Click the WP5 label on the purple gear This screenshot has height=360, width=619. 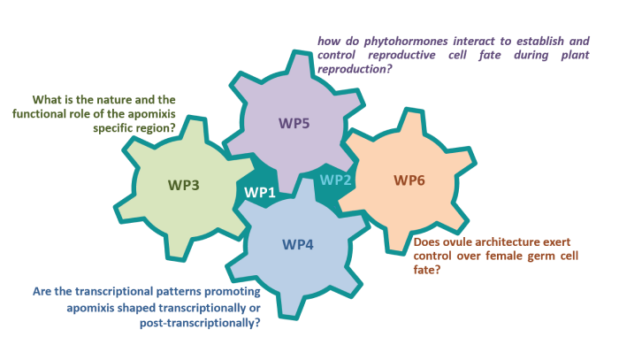tap(294, 123)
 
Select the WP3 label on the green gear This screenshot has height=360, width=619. tap(184, 185)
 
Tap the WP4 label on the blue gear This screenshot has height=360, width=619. tap(298, 245)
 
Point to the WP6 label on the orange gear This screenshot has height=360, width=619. tap(409, 180)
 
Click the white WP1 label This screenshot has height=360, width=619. tap(260, 192)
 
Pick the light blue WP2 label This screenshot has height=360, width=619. tap(335, 180)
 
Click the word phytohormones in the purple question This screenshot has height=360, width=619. tap(406, 42)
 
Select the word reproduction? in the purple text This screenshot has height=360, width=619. tap(355, 69)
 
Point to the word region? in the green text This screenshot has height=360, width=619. tap(156, 128)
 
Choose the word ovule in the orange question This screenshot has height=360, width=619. tap(459, 241)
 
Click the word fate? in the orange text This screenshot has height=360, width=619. tap(427, 270)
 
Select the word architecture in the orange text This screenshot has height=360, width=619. tap(503, 241)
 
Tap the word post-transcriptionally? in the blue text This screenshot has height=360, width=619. tap(200, 323)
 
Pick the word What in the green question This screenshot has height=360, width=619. tap(44, 99)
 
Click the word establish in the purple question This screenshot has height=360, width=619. tap(540, 41)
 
